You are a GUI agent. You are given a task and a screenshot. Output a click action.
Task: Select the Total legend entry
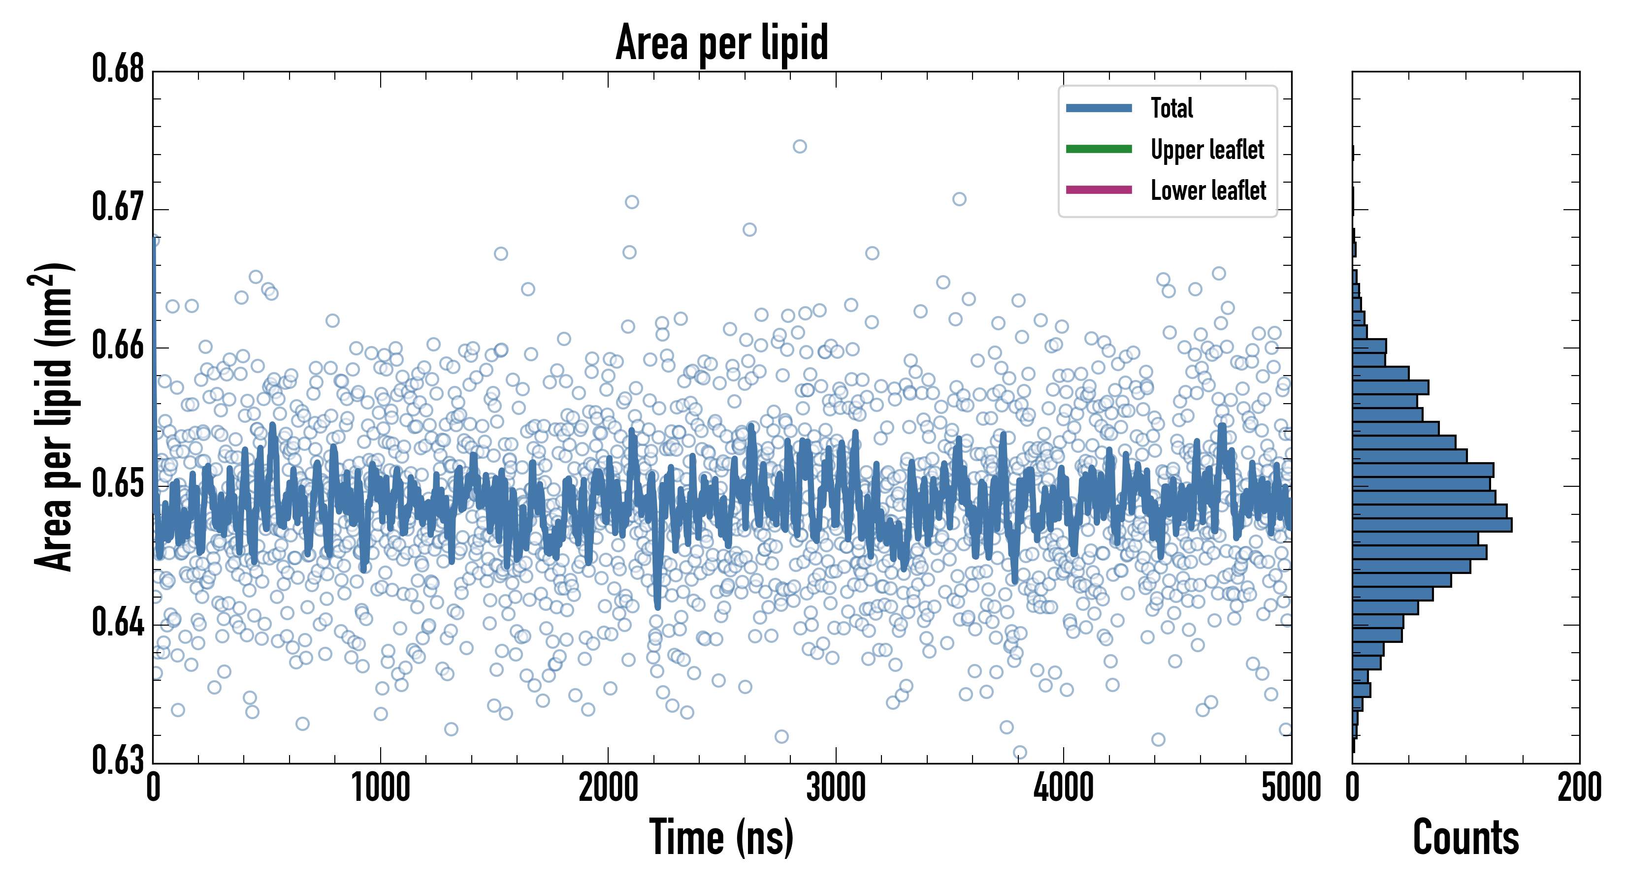(1171, 108)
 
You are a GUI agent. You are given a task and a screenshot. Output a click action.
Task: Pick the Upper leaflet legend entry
(1207, 150)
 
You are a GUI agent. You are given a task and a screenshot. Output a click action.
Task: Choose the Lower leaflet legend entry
(1207, 190)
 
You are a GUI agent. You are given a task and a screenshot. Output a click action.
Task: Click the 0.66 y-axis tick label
(118, 345)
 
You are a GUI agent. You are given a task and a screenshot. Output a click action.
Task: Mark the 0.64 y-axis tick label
(118, 622)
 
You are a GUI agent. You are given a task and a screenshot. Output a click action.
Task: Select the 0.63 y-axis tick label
(118, 760)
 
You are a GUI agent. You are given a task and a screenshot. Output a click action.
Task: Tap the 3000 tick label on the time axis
(836, 788)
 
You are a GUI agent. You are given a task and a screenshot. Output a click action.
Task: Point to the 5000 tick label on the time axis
(1291, 788)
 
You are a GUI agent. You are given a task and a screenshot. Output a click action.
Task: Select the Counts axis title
(1466, 837)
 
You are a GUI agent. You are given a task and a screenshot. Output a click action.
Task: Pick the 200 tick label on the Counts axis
(1579, 788)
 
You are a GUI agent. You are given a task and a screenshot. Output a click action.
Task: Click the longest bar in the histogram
(1432, 525)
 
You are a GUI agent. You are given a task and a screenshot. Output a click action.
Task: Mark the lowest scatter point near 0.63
(1019, 752)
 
